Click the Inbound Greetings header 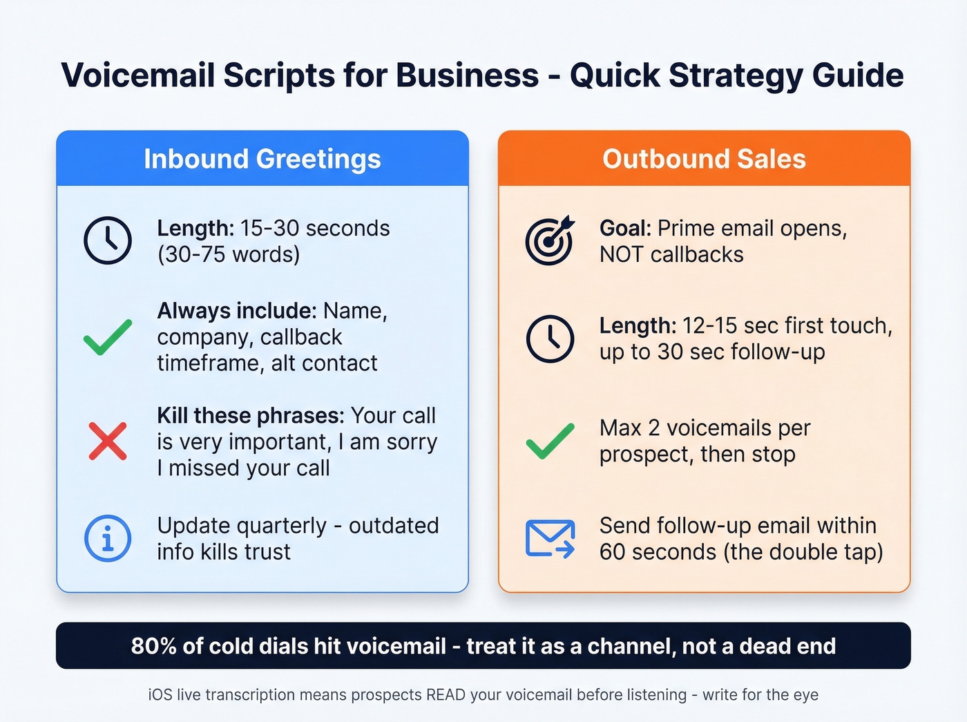(x=262, y=159)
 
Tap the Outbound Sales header (x=704, y=159)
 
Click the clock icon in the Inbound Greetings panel (x=108, y=240)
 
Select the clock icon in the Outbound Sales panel (x=550, y=339)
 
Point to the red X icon (x=108, y=441)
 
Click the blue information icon (x=108, y=538)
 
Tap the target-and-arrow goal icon (x=549, y=240)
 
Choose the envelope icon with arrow (x=550, y=539)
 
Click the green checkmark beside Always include (x=108, y=337)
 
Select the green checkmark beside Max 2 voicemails (x=550, y=441)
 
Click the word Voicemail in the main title (x=138, y=75)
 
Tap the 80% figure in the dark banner (x=153, y=646)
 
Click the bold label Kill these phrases (x=250, y=415)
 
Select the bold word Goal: (x=625, y=228)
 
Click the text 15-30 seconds (x=315, y=228)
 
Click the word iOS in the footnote (x=160, y=694)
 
